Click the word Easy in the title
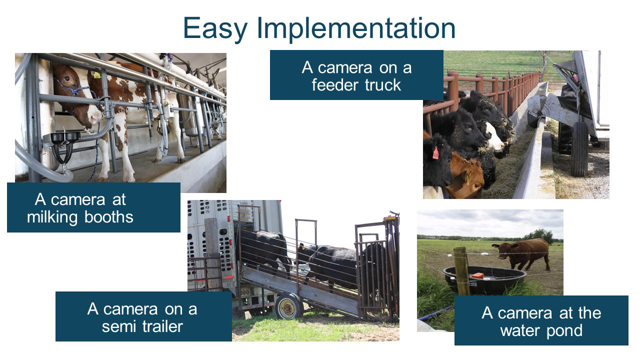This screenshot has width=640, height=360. [x=215, y=28]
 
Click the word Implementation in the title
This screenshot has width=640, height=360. [x=356, y=28]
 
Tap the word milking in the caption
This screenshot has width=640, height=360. [x=52, y=217]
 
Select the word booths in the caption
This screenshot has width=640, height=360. [x=109, y=217]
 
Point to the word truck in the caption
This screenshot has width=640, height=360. [x=383, y=85]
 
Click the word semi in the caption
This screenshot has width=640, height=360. [x=118, y=326]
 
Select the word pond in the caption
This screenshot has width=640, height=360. [x=564, y=331]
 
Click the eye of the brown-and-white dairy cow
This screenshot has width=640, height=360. [x=67, y=78]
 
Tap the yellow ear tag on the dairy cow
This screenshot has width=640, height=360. [x=97, y=75]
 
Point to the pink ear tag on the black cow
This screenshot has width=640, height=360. [x=435, y=153]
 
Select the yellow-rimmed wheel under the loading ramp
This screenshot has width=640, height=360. [x=288, y=306]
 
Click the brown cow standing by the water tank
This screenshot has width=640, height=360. [x=522, y=253]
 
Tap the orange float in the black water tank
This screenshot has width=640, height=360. [x=477, y=275]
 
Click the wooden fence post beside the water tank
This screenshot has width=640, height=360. [x=461, y=271]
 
